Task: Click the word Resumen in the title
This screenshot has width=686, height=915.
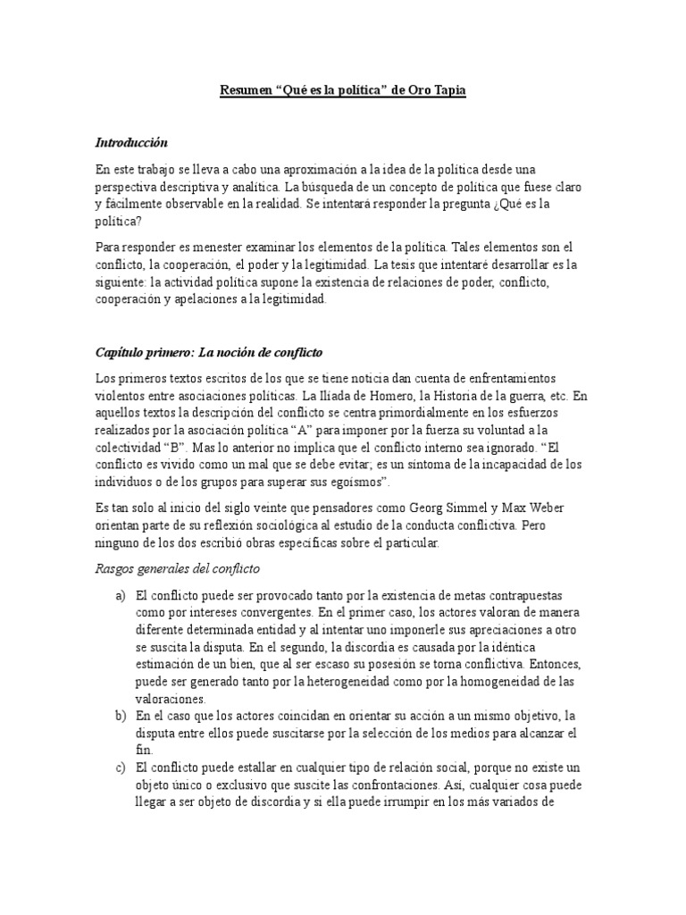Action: [247, 91]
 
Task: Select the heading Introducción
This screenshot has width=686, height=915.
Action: [131, 143]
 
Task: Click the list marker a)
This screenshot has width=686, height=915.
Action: [121, 595]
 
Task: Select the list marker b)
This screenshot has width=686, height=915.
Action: [121, 717]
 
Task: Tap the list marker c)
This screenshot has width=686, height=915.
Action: [121, 768]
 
